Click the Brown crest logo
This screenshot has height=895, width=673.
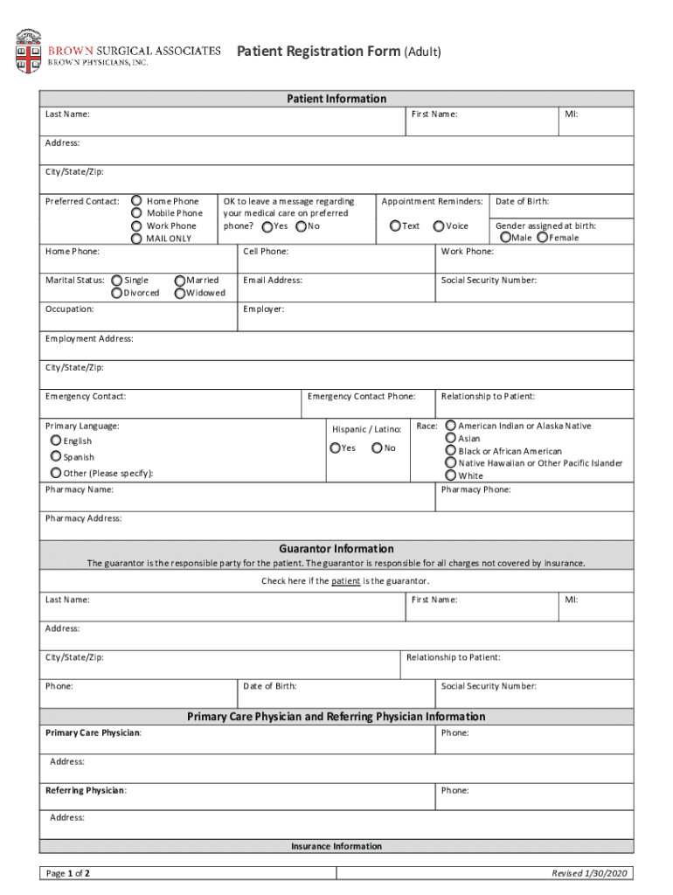(x=28, y=51)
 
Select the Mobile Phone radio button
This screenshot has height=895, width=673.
(x=136, y=213)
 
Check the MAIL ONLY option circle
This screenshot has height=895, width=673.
(x=136, y=239)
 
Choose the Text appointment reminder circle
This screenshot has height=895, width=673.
(x=395, y=226)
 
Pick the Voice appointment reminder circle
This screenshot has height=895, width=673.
(x=439, y=226)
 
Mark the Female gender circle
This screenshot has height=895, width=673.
(x=543, y=238)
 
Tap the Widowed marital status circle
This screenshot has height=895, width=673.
(x=180, y=294)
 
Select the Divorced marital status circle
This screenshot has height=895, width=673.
(x=118, y=294)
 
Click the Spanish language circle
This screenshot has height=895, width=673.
(x=56, y=457)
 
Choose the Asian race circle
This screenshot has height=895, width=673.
(x=451, y=439)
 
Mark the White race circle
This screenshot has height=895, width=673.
(x=451, y=475)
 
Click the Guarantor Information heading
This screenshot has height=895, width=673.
(x=336, y=549)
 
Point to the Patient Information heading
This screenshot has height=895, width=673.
(x=336, y=99)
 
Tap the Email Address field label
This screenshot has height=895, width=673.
(x=273, y=281)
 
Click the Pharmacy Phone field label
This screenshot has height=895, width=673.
(x=476, y=489)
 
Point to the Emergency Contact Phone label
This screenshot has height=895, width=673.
(x=362, y=397)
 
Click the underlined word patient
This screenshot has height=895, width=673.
(x=345, y=581)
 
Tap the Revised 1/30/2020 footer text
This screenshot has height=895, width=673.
(x=590, y=873)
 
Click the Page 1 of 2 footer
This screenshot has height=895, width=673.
(x=68, y=873)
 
